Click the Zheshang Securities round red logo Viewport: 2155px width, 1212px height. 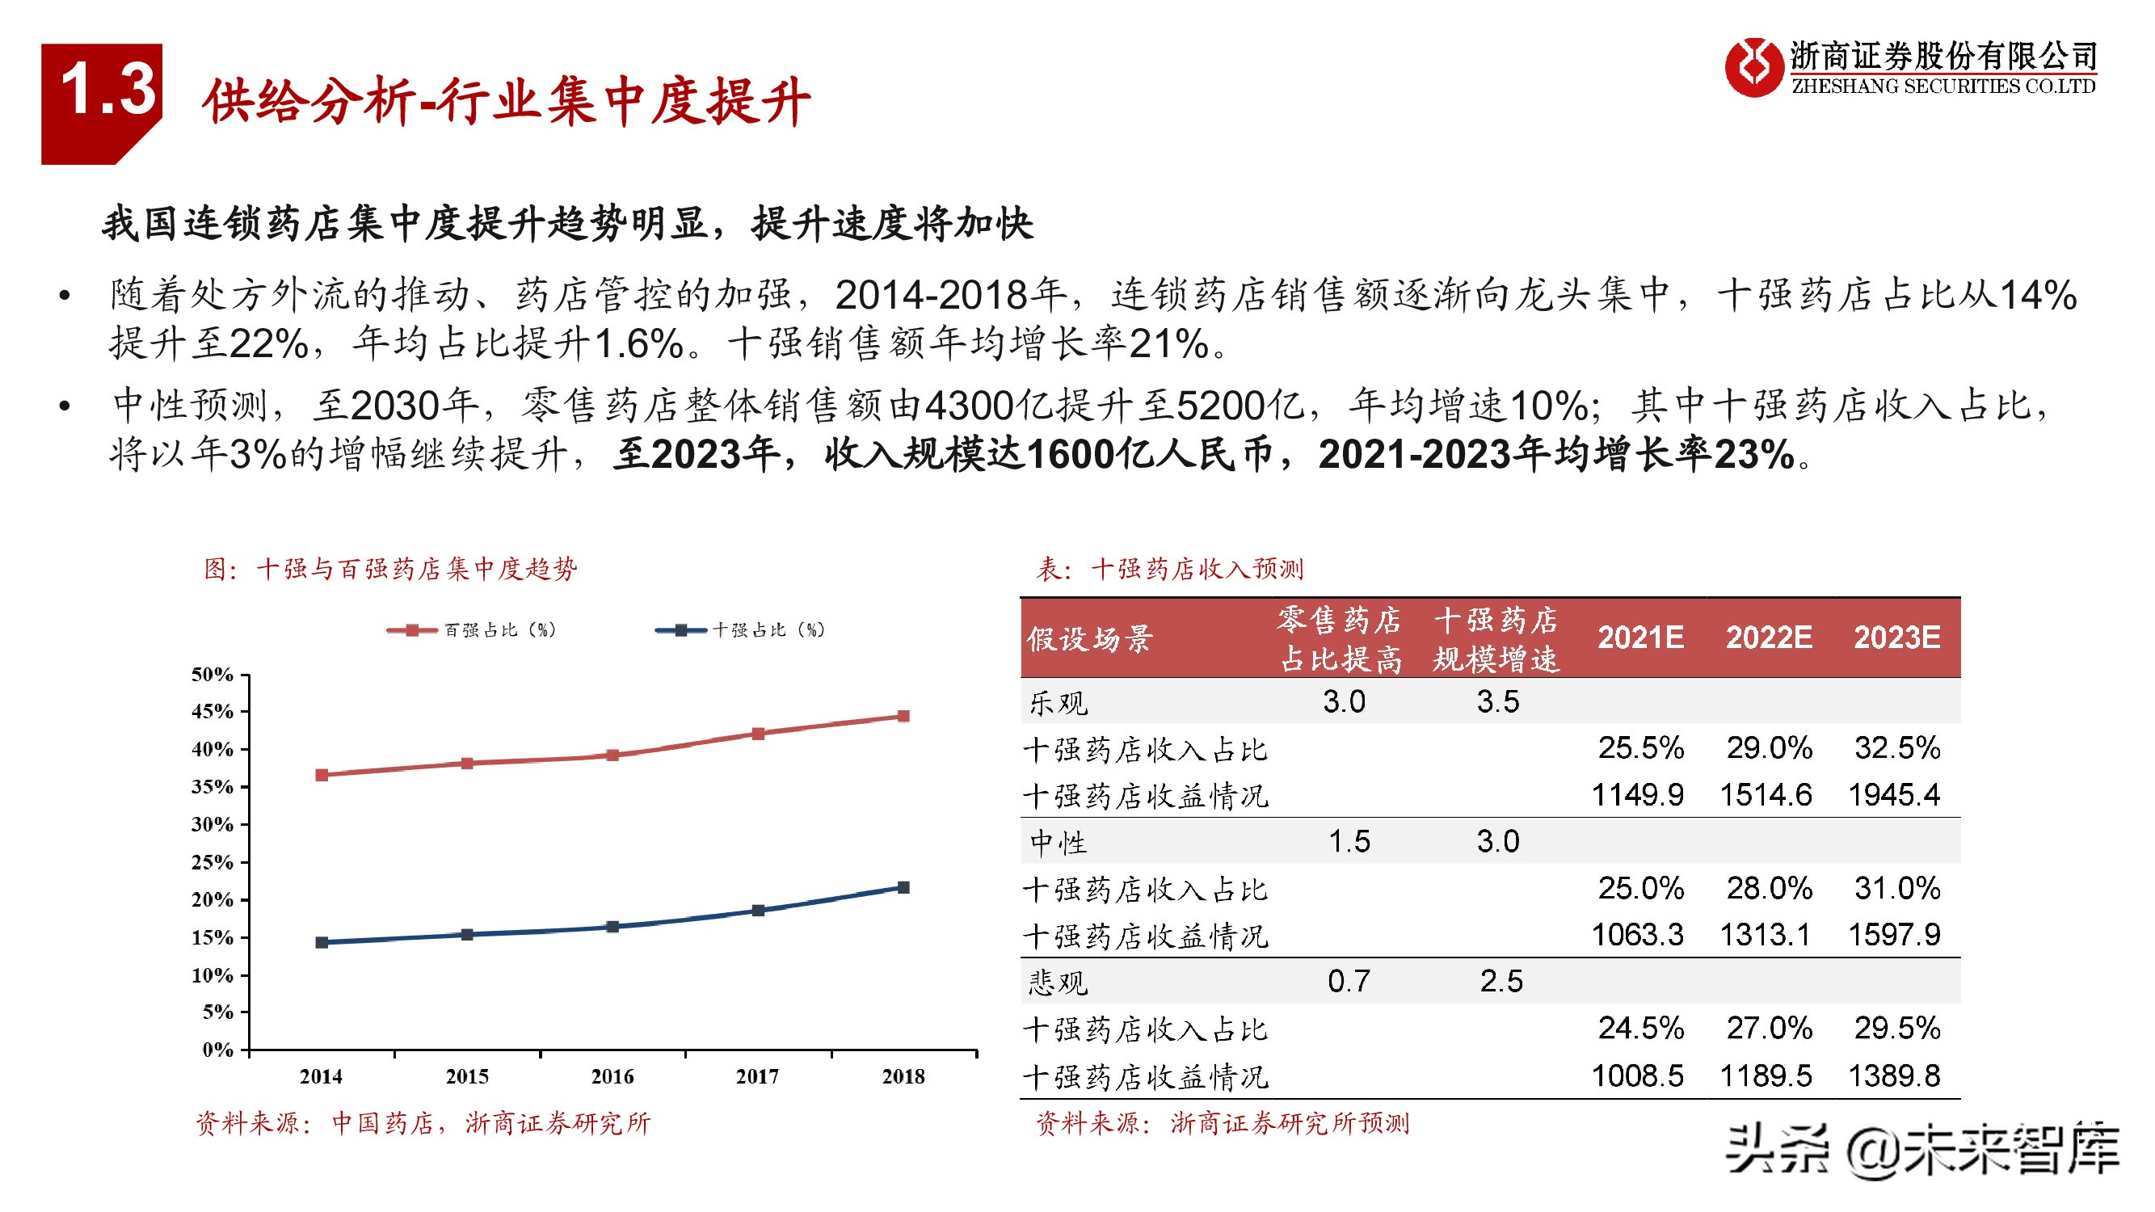pos(1753,67)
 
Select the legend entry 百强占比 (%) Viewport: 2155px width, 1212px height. pos(474,630)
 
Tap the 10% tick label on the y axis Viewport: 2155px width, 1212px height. pos(213,974)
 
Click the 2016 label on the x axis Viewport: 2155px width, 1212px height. pos(612,1076)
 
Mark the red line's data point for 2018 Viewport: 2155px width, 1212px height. pos(903,716)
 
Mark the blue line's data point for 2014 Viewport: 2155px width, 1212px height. pos(322,942)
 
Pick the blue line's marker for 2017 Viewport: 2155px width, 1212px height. pos(758,910)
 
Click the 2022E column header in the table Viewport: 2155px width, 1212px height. pos(1769,638)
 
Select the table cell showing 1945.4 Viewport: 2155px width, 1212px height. pos(1894,794)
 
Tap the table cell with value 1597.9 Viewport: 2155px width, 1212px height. pos(1894,935)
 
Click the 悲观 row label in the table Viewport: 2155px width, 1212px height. pos(1059,982)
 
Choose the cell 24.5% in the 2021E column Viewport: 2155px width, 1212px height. pos(1640,1028)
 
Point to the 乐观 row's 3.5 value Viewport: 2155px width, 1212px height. pos(1497,702)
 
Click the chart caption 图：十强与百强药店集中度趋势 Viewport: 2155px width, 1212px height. pos(390,570)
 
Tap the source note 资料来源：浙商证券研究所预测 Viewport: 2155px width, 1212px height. pos(1223,1123)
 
